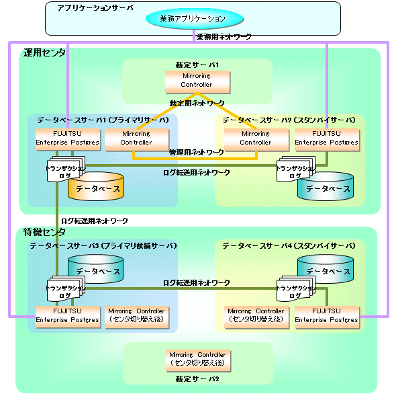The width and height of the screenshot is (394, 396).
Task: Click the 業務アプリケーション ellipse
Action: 195,19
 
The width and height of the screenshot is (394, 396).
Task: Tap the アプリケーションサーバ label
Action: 95,8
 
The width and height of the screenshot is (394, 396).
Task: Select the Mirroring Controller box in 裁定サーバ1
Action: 197,82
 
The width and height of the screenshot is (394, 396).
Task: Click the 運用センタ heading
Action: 44,53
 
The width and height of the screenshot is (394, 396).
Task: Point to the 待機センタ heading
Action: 44,232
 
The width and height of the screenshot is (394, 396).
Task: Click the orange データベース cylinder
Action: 95,187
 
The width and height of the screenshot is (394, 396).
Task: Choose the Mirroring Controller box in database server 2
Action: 256,140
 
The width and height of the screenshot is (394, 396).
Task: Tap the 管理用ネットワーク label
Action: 197,153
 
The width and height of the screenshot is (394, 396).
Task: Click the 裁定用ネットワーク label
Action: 197,103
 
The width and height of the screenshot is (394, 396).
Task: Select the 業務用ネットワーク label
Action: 224,37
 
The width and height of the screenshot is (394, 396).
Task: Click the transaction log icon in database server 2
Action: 296,169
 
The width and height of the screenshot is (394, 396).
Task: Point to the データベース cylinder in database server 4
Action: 326,269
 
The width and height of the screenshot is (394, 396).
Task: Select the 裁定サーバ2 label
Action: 197,379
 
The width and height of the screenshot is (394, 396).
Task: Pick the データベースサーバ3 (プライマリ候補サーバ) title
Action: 103,245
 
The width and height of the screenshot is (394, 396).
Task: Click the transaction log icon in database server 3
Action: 66,288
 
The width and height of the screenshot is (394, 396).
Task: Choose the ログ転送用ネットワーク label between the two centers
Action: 95,221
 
